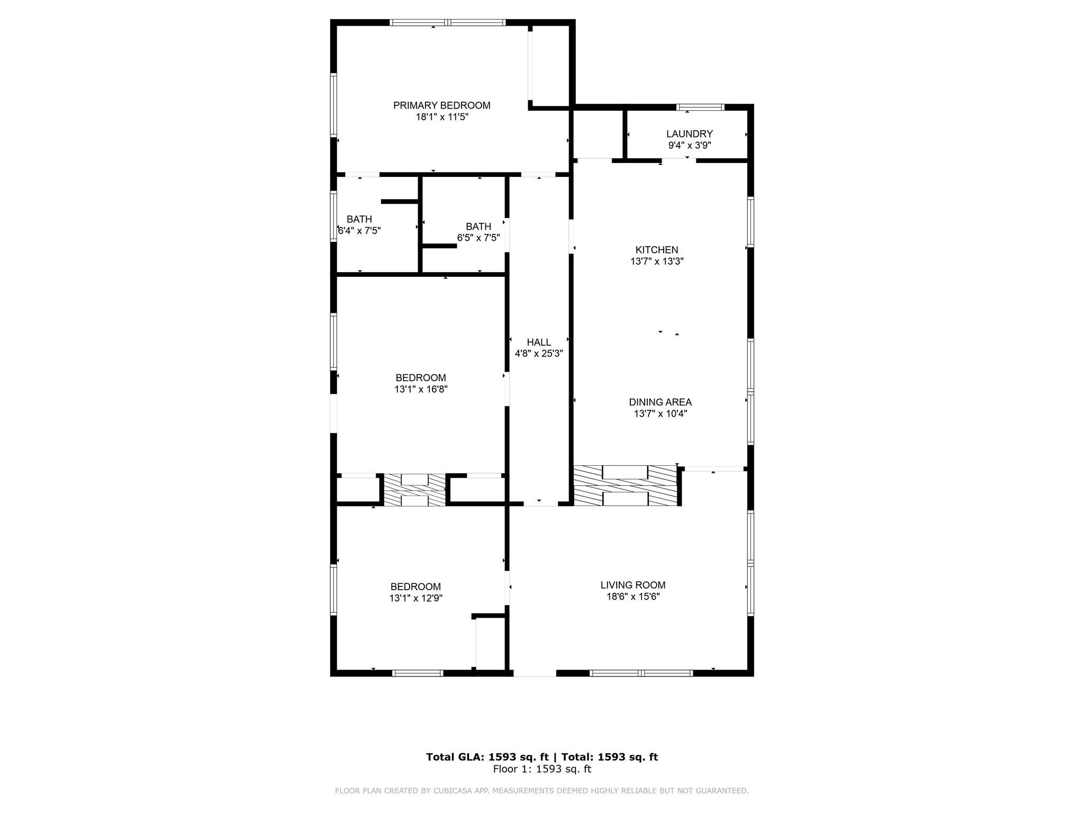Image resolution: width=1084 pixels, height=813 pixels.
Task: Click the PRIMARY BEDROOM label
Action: (x=441, y=105)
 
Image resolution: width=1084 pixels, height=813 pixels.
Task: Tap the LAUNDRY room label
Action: (x=689, y=134)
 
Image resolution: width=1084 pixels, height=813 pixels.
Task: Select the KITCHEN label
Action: (x=656, y=250)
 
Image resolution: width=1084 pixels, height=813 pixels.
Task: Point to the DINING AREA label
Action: (x=660, y=402)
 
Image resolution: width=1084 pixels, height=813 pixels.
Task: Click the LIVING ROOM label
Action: (x=633, y=585)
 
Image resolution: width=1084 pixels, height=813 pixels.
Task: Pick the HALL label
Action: (x=539, y=342)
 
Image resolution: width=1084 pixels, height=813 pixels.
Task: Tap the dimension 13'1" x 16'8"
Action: (x=421, y=390)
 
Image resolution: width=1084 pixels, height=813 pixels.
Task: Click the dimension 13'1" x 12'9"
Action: (x=415, y=599)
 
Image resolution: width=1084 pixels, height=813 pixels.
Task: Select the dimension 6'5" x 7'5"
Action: (x=478, y=238)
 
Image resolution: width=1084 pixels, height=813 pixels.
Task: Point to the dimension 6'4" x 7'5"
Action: (x=359, y=231)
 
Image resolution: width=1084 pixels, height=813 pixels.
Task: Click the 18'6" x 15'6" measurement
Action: (x=633, y=597)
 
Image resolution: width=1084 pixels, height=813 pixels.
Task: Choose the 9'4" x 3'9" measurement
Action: (x=689, y=146)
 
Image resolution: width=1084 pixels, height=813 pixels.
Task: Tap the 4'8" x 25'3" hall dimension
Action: (x=539, y=354)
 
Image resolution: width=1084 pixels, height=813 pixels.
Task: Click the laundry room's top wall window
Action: (x=700, y=107)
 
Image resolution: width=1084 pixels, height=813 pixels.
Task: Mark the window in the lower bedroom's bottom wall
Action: (x=418, y=673)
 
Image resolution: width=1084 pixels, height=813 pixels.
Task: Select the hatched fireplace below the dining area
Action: (x=625, y=485)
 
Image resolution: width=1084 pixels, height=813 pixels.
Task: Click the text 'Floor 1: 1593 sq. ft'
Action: (x=542, y=769)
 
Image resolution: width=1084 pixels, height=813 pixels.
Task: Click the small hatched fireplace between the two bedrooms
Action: (x=414, y=490)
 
